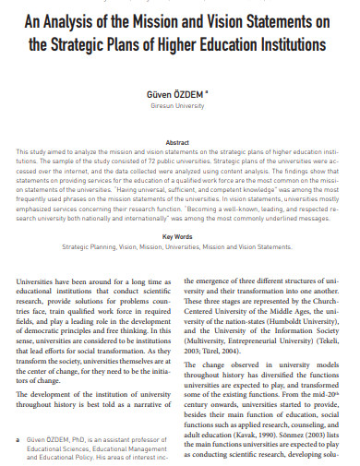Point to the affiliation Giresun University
pyautogui.click(x=179, y=106)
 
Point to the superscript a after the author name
pyautogui.click(x=207, y=90)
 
